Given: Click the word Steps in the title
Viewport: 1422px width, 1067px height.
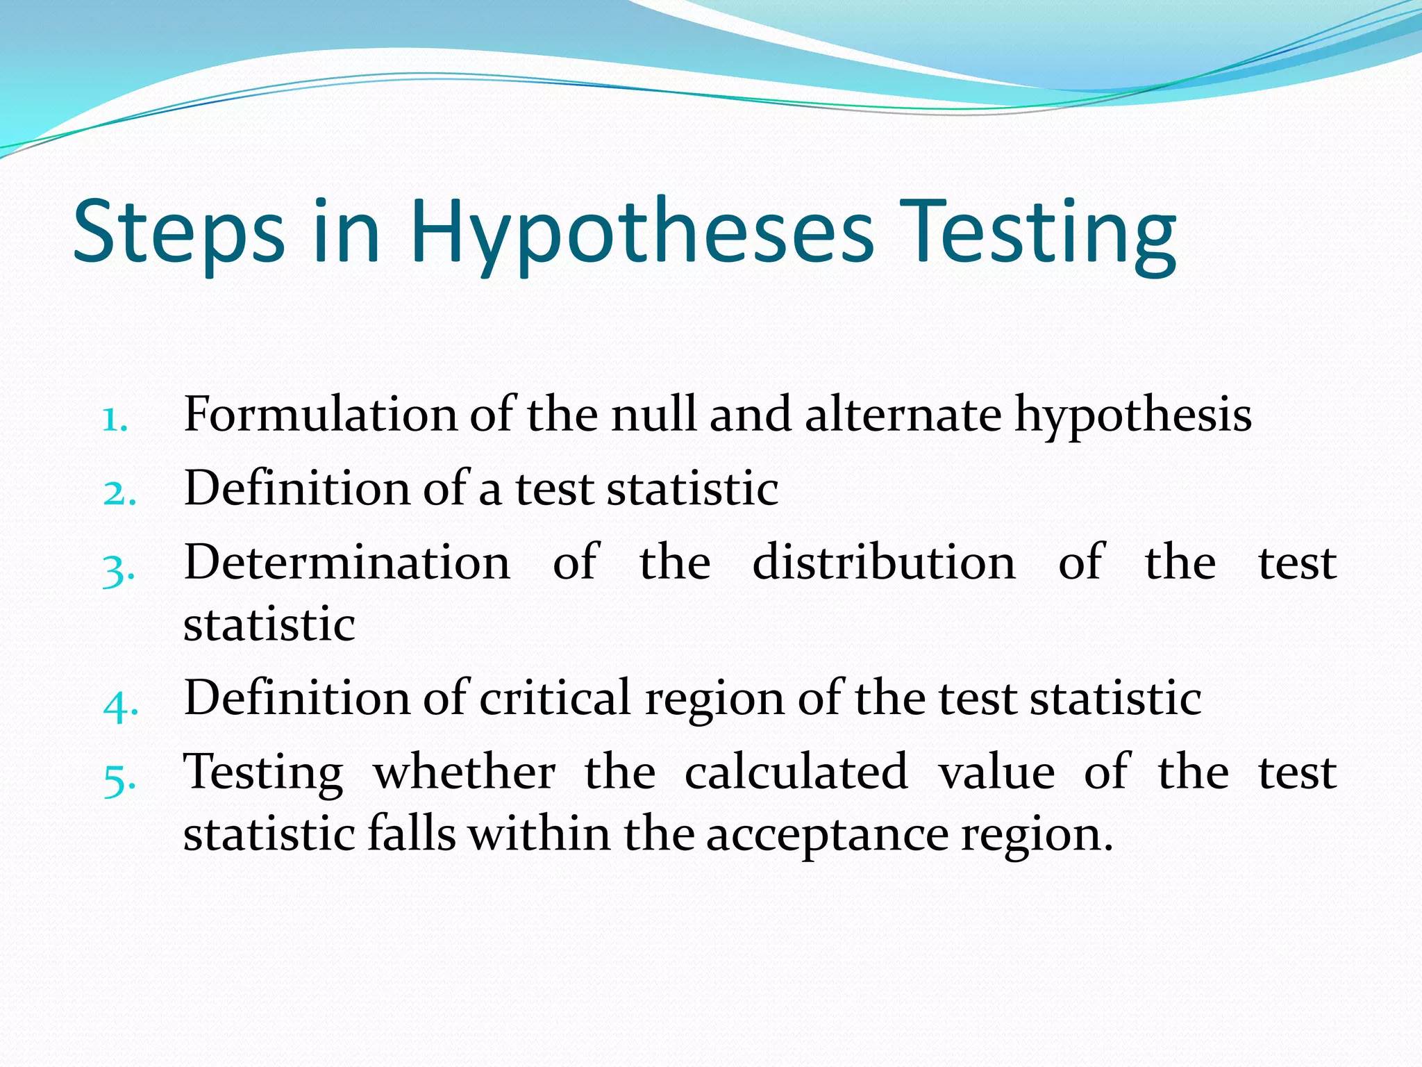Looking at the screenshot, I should pos(178,233).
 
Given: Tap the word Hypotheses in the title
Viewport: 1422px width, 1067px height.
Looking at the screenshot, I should pos(642,233).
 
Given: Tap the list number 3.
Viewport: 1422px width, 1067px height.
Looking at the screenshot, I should pos(119,570).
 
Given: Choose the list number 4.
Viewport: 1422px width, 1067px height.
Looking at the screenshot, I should pos(120,706).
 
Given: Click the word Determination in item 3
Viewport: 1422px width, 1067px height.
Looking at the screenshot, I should pos(347,562).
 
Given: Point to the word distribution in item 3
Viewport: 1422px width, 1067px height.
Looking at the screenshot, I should pos(883,562).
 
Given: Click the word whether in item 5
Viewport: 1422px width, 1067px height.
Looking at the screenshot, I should pos(465,772).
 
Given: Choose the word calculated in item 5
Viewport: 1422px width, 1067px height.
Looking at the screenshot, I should pos(796,772).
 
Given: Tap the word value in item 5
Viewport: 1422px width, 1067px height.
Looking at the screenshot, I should pos(996,772).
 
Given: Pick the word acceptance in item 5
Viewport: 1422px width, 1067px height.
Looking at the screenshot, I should pos(827,836).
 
